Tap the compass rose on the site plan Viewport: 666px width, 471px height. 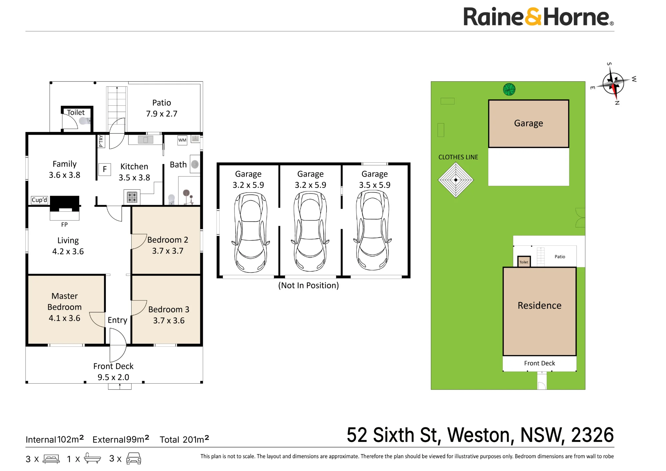coord(613,83)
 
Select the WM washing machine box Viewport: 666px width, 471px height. coord(182,140)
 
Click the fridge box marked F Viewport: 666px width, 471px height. coord(105,169)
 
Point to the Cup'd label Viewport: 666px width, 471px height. coord(39,200)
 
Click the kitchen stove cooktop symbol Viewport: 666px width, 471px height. coord(132,197)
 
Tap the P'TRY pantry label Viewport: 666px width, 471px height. coord(101,141)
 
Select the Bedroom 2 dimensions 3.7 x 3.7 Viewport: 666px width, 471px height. coord(168,251)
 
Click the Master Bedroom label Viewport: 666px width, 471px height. coord(65,301)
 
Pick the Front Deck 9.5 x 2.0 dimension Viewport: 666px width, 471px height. coord(113,377)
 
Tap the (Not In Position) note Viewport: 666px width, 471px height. coord(308,285)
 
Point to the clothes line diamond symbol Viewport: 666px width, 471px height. coord(456,180)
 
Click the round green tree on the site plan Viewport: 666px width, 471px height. coord(509,89)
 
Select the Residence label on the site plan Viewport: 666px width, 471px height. coord(539,305)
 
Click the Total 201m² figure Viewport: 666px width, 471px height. coord(184,439)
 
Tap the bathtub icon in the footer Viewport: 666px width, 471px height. coord(92,458)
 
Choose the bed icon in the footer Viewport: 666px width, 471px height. coord(51,459)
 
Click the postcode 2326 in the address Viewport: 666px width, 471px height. coord(592,435)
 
